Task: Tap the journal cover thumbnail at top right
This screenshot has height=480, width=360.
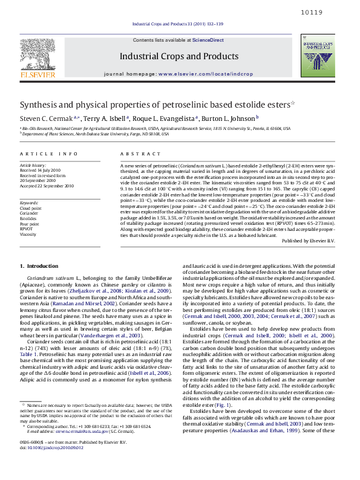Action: pos(318,59)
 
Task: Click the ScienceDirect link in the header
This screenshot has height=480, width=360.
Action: pos(208,40)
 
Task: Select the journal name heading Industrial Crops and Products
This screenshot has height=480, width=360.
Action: pos(178,56)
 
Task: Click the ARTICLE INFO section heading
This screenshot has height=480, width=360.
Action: pos(49,155)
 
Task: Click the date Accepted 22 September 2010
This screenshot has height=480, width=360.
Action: pos(47,186)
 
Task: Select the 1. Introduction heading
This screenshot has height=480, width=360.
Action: pos(39,266)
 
